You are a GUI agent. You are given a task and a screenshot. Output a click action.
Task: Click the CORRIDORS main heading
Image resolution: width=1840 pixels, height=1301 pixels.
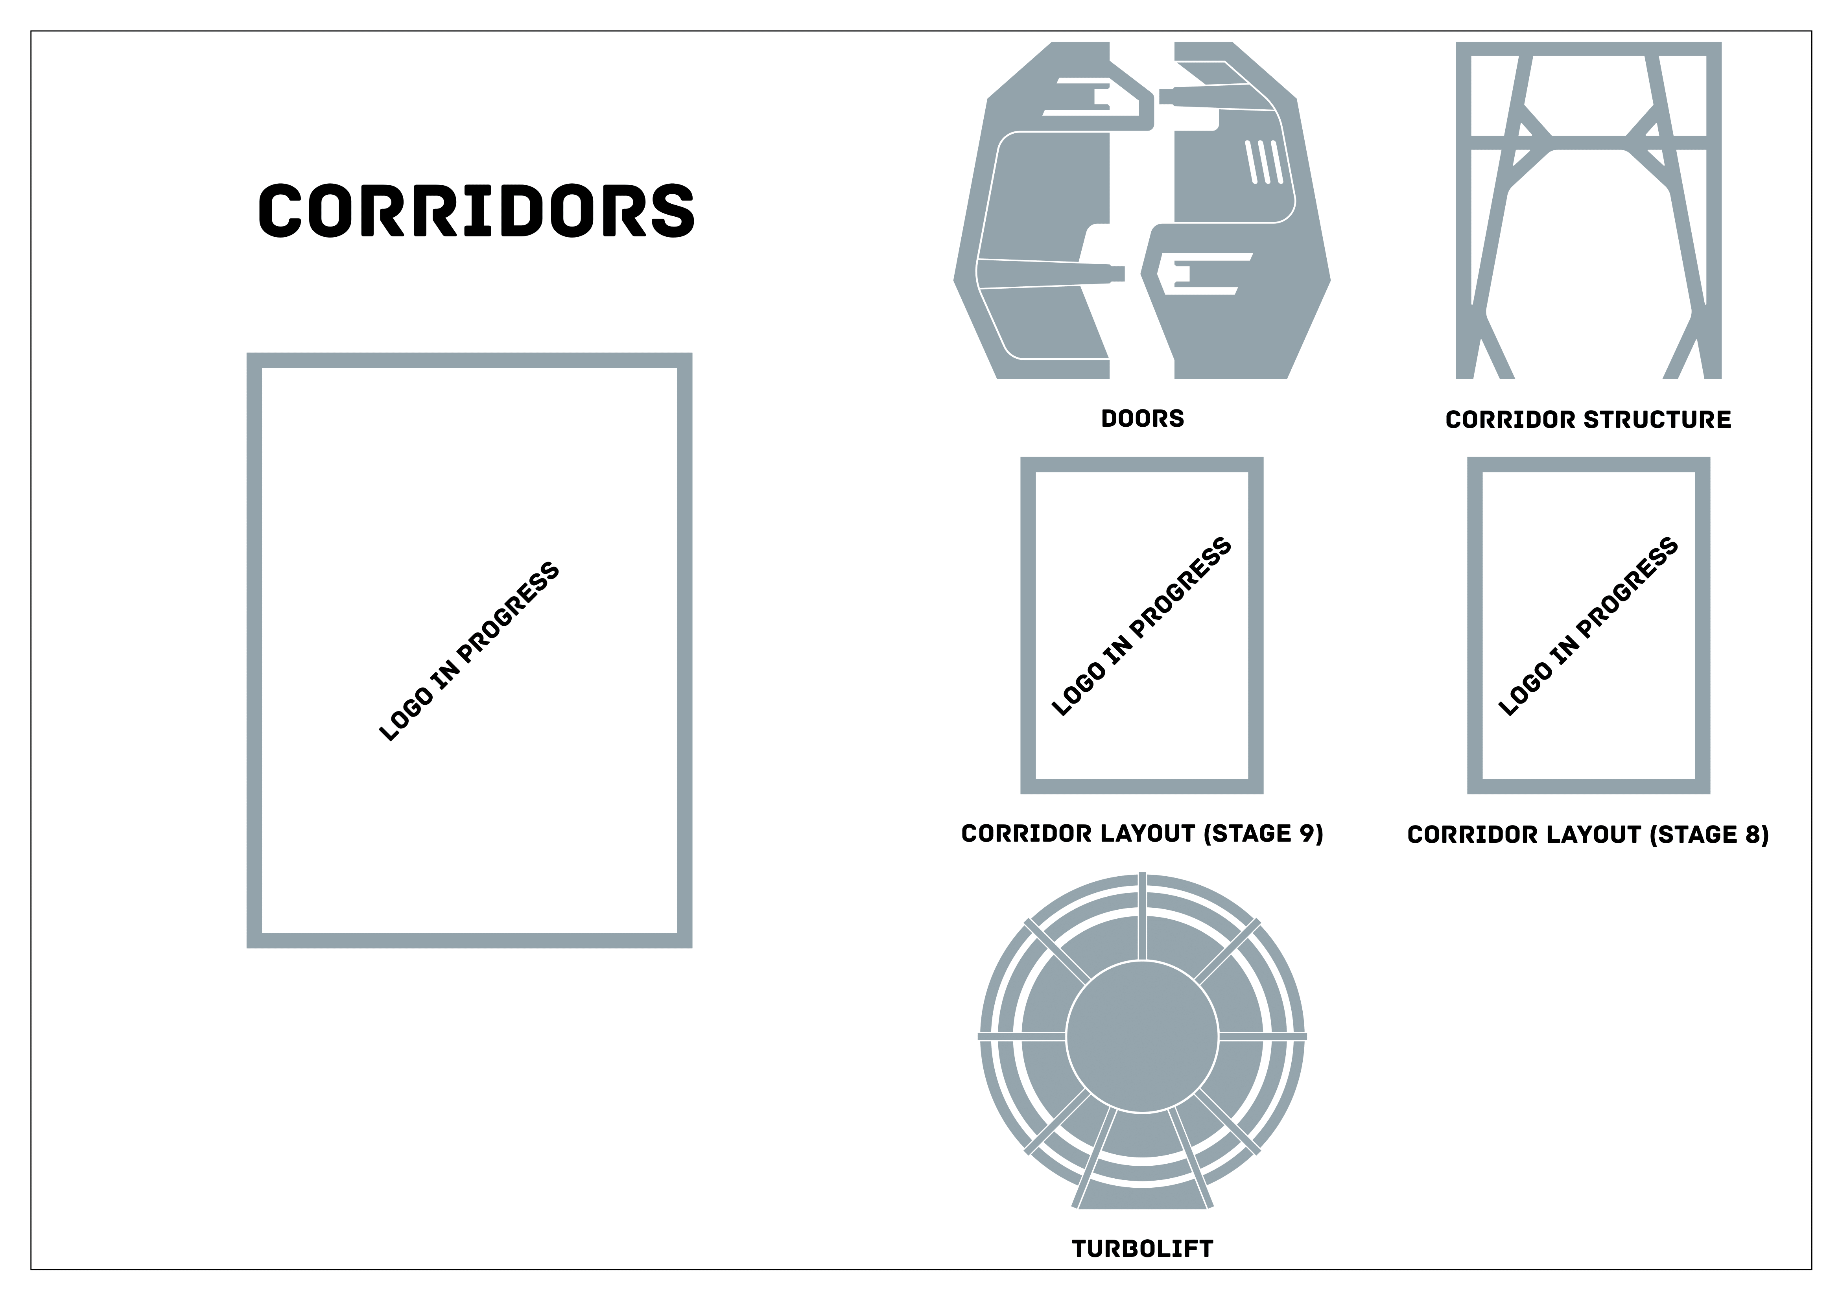(x=476, y=211)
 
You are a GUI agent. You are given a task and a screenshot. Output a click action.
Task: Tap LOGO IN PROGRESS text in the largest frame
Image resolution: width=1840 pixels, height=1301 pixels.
(x=469, y=651)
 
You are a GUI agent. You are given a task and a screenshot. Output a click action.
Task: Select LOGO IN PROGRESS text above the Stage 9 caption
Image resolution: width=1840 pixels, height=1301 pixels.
(x=1141, y=627)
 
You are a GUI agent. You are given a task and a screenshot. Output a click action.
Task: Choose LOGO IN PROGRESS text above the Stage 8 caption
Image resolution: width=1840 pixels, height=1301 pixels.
(x=1588, y=627)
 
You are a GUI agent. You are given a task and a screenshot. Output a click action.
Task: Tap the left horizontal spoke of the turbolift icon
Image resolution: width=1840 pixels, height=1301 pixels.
(x=1022, y=1037)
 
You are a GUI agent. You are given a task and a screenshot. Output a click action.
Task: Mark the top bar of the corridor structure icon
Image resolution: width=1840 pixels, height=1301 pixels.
(x=1588, y=49)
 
